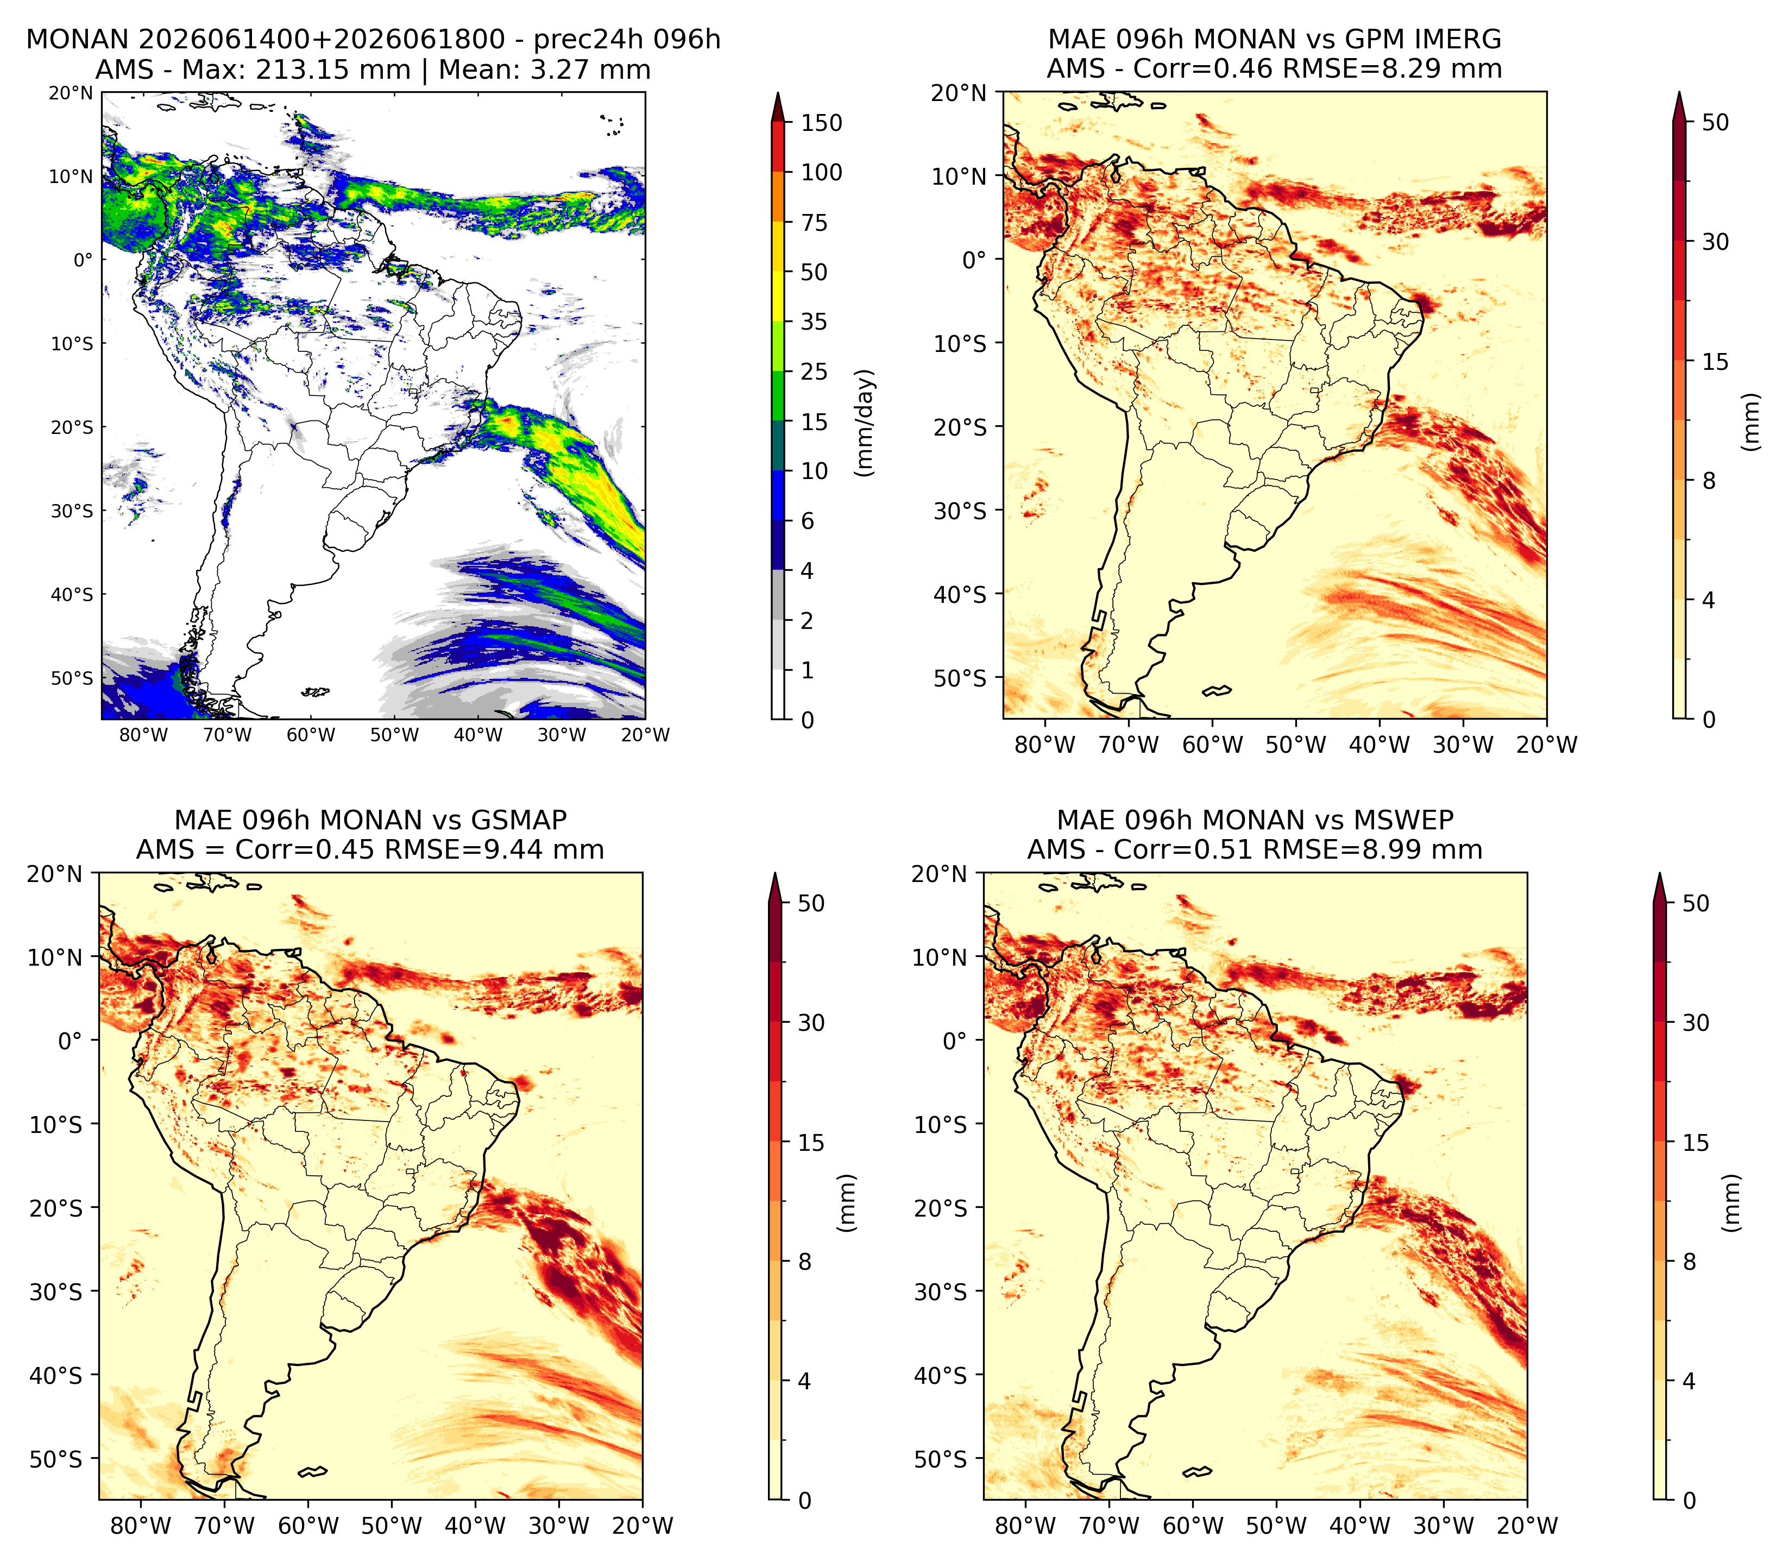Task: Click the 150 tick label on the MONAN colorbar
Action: [822, 123]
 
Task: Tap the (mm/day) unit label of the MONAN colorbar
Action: [865, 423]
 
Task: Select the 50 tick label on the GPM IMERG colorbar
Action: [1715, 122]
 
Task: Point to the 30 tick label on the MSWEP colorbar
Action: [1696, 1023]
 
